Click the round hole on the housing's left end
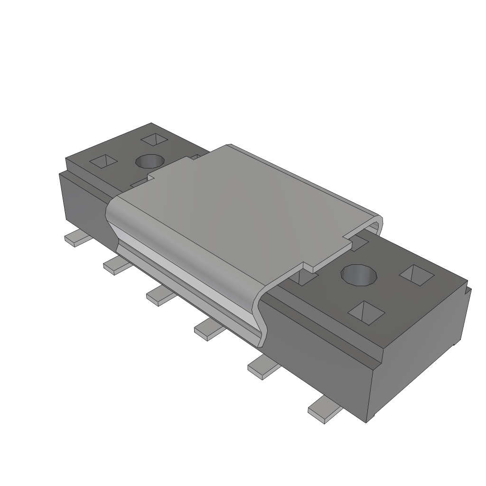150,161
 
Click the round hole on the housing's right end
359,276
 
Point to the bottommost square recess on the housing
366,311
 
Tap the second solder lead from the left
115,264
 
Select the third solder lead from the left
159,295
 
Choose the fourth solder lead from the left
208,328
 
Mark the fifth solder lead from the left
262,367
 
